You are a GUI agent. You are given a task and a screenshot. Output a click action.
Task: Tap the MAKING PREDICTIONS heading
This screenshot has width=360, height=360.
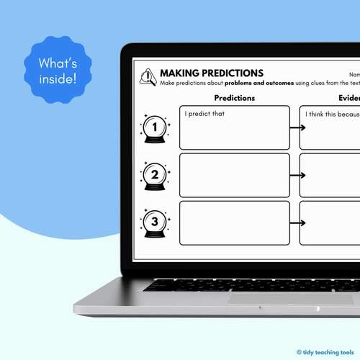(211, 73)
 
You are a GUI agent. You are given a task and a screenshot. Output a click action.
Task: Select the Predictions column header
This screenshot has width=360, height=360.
(235, 98)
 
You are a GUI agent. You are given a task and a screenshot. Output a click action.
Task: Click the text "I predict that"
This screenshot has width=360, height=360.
(204, 114)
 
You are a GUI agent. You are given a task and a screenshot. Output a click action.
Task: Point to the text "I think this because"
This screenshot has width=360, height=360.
(331, 114)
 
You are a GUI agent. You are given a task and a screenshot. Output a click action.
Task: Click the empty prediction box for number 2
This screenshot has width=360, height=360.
(235, 174)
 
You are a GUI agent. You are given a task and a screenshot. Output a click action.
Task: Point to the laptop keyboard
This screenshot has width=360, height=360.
(252, 284)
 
